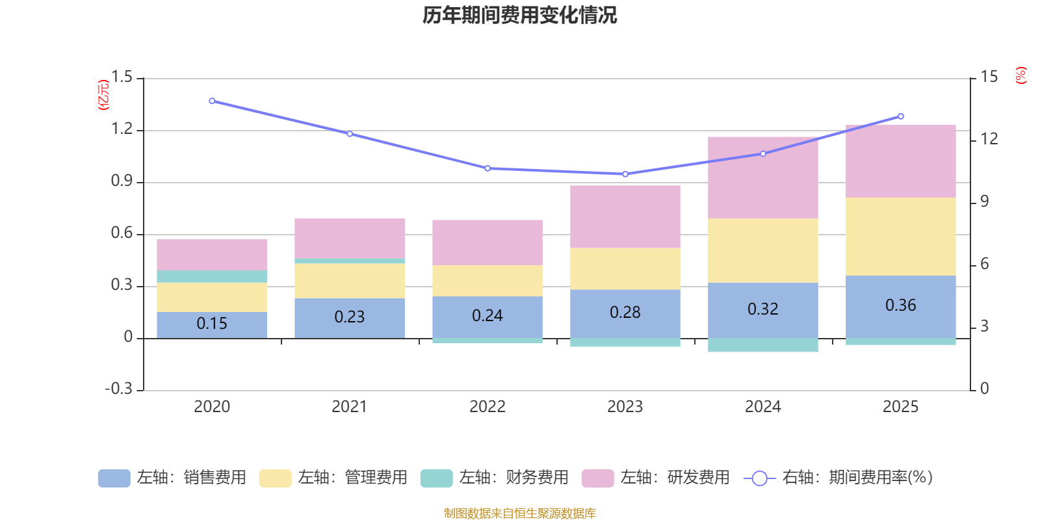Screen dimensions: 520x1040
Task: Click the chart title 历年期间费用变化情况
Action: [x=519, y=15]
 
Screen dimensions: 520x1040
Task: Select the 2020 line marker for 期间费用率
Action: [x=212, y=101]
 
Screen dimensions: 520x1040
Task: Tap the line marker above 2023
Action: [x=625, y=174]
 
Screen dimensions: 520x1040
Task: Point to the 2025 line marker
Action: [x=901, y=116]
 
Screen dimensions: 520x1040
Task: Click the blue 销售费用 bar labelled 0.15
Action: [x=212, y=324]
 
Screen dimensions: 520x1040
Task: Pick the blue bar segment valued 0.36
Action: [x=901, y=306]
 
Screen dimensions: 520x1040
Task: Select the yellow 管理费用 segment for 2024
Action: [x=763, y=250]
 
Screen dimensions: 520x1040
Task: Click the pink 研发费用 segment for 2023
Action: [x=625, y=216]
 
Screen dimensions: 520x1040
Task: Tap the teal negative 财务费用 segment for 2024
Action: [x=763, y=345]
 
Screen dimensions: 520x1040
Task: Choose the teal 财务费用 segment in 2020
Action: [x=212, y=276]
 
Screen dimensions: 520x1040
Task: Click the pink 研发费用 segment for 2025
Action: [x=901, y=161]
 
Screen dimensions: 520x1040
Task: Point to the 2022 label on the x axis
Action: [x=487, y=407]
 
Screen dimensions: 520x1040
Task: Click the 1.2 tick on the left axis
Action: [x=122, y=129]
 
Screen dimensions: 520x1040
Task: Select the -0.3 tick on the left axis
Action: [x=118, y=389]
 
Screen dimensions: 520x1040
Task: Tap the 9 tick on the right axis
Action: [x=984, y=201]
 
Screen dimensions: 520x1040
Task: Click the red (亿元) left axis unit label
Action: [x=103, y=95]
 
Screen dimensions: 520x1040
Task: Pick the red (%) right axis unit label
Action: [x=1021, y=75]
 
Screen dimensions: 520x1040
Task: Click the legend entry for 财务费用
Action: [x=495, y=478]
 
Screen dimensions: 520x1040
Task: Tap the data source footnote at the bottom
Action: [x=519, y=513]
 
